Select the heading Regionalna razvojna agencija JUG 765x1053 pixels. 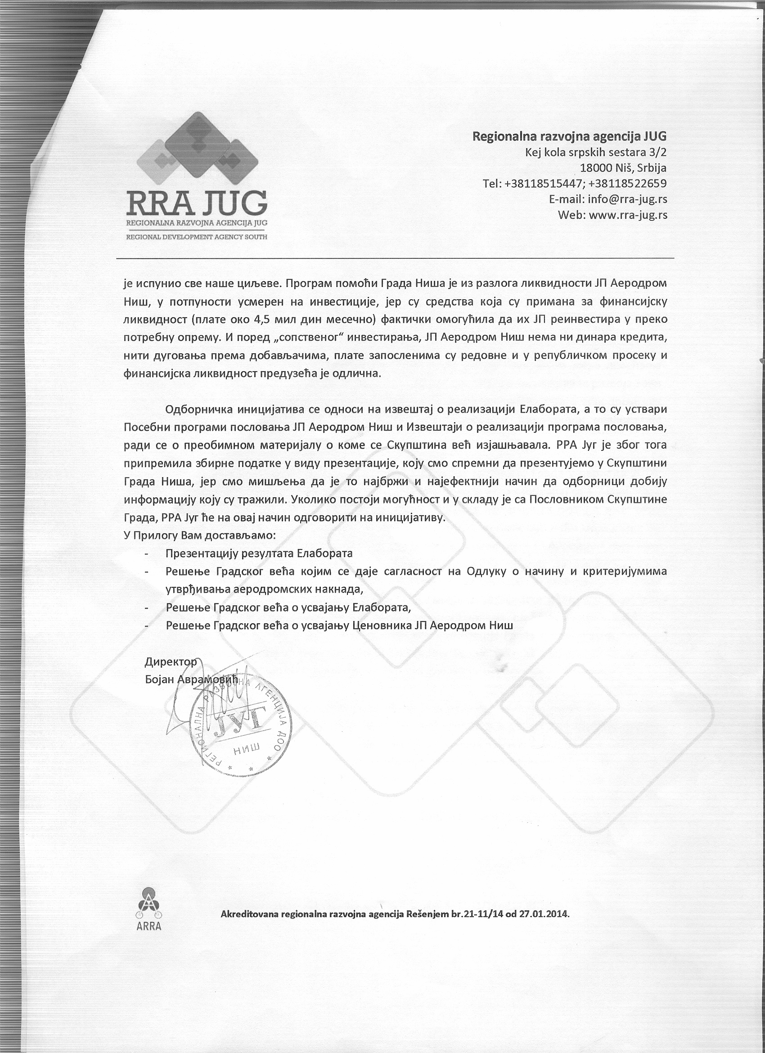(x=569, y=136)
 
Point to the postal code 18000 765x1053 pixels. (x=595, y=167)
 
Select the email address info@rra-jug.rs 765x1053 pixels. (x=627, y=199)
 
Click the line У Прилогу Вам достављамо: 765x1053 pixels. (x=200, y=535)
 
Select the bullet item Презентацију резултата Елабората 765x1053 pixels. (x=259, y=553)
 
